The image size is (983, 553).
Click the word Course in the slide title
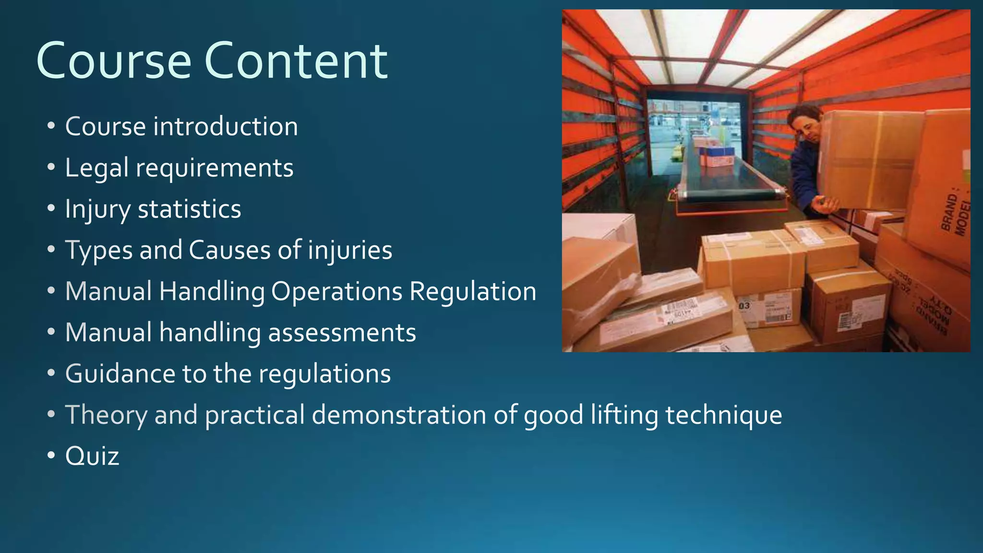click(114, 61)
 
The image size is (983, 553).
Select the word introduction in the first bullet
click(226, 127)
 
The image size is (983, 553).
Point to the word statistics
click(190, 209)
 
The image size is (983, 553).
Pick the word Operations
click(336, 292)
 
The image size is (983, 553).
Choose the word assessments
click(342, 333)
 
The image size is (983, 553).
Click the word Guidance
click(120, 374)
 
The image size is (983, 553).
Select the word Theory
click(106, 415)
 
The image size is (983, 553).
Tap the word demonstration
click(399, 415)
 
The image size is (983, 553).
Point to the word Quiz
click(92, 457)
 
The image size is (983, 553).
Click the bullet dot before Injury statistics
click(51, 209)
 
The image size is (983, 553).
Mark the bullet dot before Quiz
click(51, 456)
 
